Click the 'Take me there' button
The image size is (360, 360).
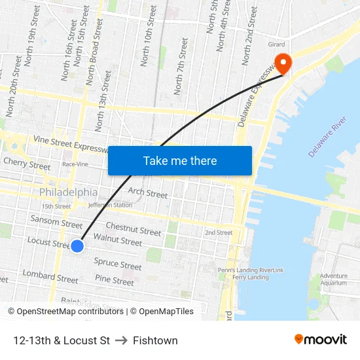(180, 160)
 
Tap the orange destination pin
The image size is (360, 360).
(283, 63)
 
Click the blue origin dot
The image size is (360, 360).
(77, 246)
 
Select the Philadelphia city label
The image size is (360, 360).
(69, 192)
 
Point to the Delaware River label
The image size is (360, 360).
(327, 137)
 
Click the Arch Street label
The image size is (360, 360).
(148, 192)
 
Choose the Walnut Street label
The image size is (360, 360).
(118, 240)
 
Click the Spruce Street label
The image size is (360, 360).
(118, 264)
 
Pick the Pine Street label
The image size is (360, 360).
(115, 280)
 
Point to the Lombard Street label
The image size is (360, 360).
(50, 276)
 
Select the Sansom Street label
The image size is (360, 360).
(56, 220)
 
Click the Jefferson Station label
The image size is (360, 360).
(109, 205)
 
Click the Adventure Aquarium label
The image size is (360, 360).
(334, 279)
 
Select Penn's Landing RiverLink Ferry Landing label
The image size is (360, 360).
(251, 273)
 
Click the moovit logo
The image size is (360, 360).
(321, 340)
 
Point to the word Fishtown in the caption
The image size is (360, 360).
(155, 340)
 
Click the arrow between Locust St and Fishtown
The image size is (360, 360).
(121, 340)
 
